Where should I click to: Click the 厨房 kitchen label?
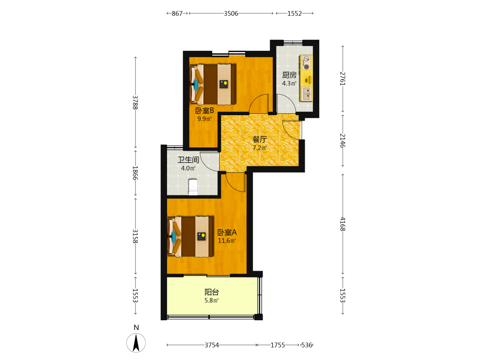[289, 75]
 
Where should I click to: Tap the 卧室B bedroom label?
[204, 110]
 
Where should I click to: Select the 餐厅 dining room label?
[260, 140]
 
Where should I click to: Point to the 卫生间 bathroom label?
[188, 160]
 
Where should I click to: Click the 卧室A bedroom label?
[227, 232]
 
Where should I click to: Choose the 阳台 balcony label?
[212, 292]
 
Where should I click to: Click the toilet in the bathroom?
[193, 187]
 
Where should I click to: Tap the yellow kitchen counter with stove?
[306, 78]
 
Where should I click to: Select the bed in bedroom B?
[213, 84]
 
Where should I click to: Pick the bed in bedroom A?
[191, 237]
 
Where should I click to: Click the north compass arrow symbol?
[136, 343]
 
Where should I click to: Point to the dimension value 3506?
[231, 13]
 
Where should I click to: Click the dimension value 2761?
[343, 79]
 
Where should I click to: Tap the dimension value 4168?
[343, 224]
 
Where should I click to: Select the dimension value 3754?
[212, 345]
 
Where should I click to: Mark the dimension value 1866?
[135, 173]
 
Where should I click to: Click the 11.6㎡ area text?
[227, 240]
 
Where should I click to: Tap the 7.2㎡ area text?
[260, 148]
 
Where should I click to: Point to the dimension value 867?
[177, 13]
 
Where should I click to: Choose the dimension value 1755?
[277, 345]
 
